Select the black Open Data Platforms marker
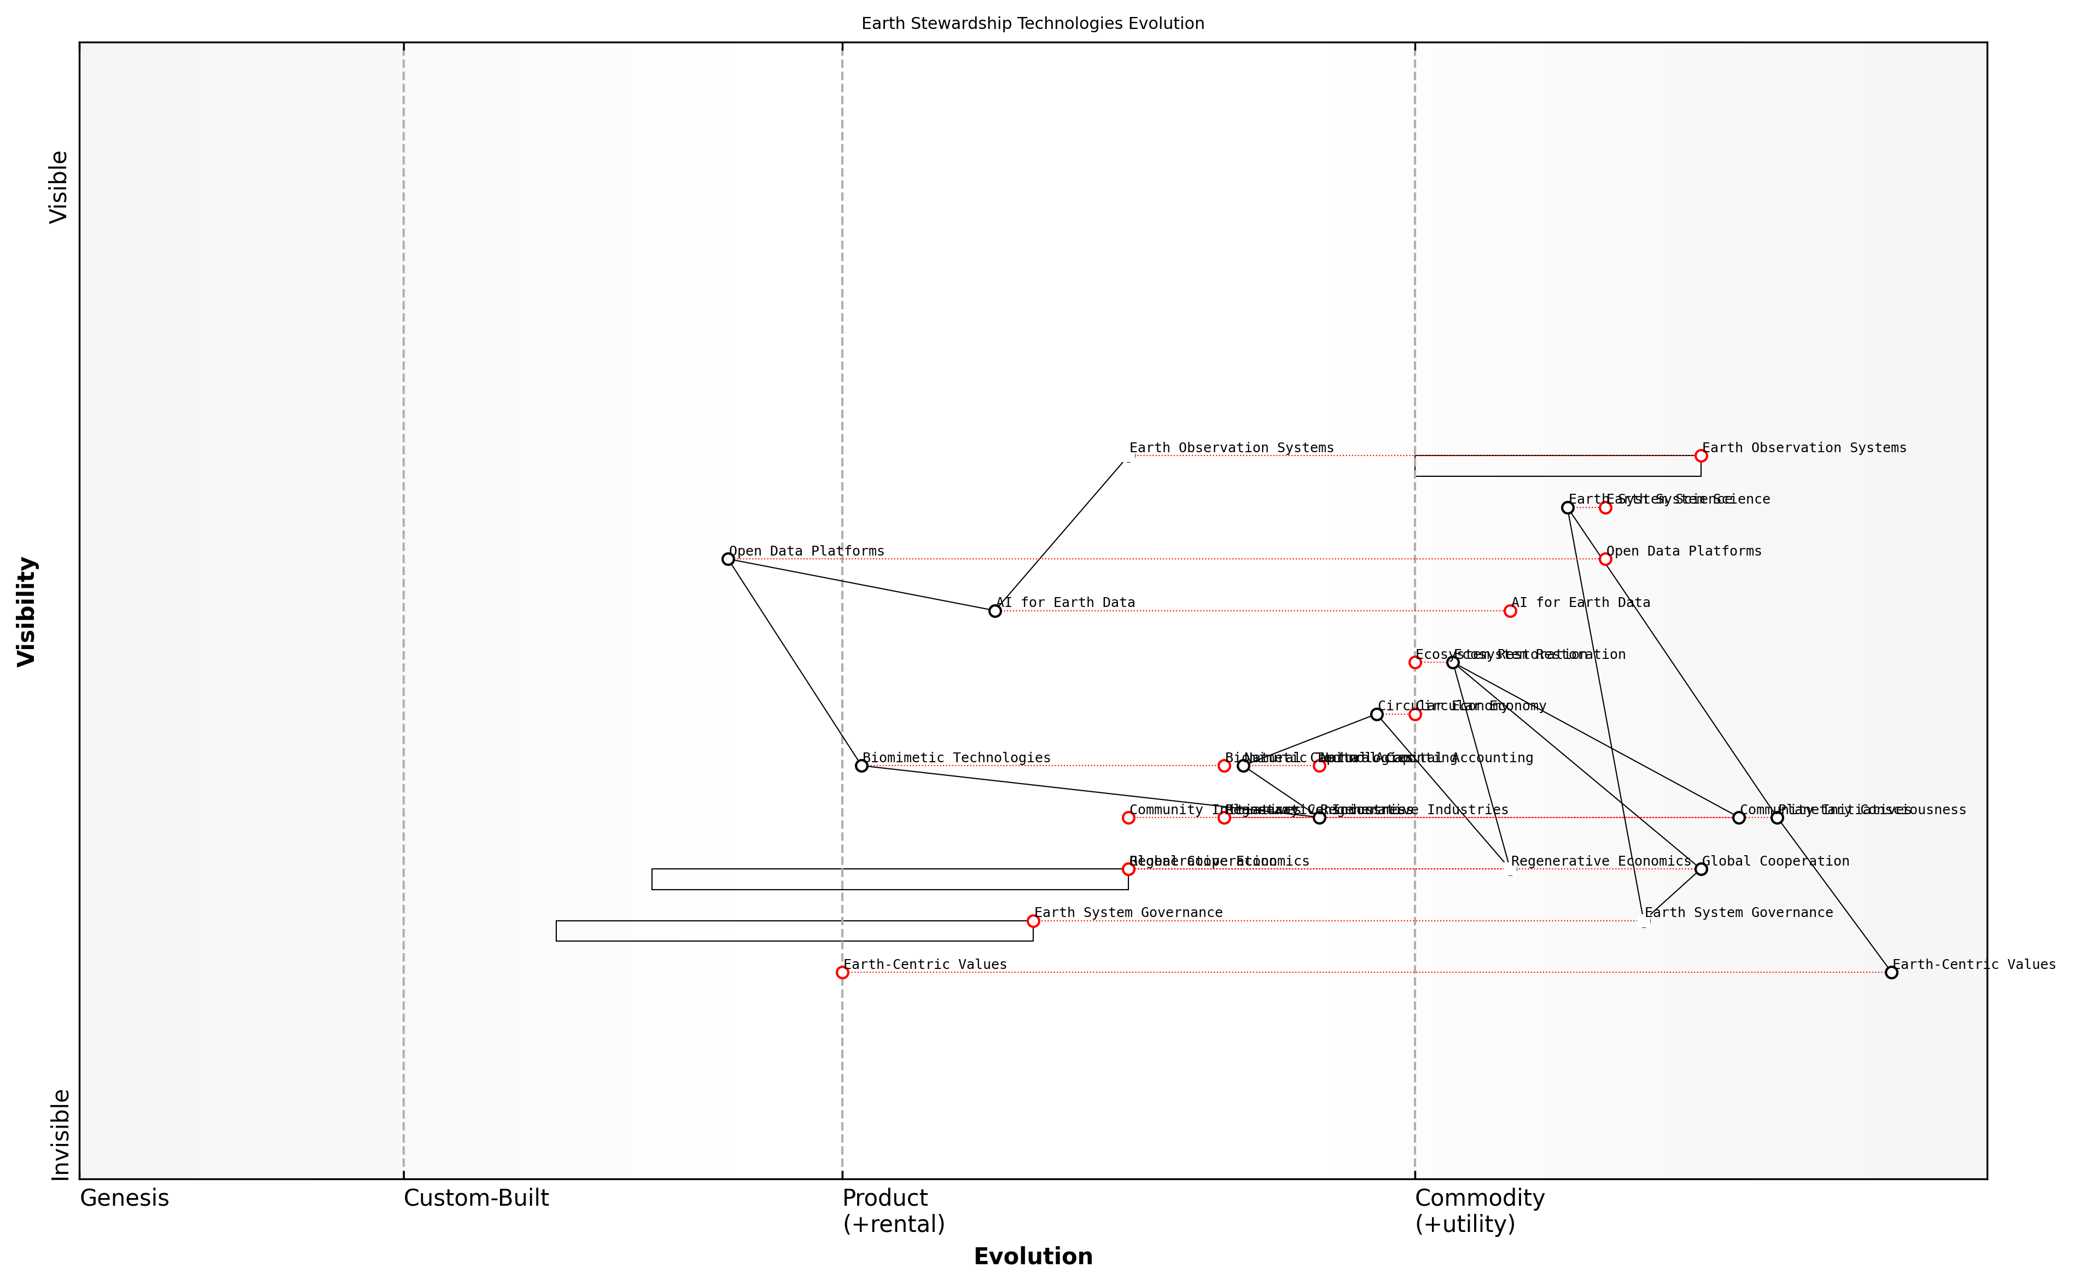tap(727, 559)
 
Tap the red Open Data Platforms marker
tap(1605, 559)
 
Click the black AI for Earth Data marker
tap(994, 611)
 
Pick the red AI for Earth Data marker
tap(1510, 611)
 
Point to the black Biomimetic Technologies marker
tap(861, 766)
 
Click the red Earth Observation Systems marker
tap(1701, 455)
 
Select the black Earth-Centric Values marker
tap(1891, 972)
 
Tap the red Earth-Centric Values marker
tap(841, 972)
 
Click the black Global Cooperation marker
tap(1701, 868)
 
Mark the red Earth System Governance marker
tap(1033, 920)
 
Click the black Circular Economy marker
tap(1376, 714)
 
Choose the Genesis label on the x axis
tap(124, 1198)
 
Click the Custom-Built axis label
tap(476, 1198)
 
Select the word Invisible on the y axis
tap(60, 1135)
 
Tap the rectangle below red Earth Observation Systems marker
tap(1557, 466)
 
